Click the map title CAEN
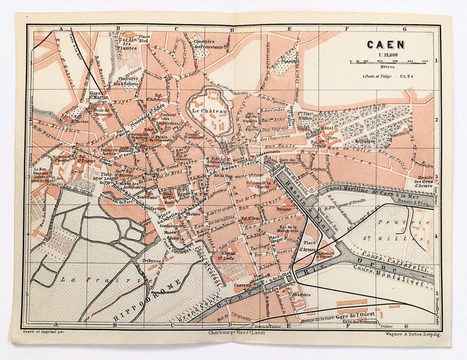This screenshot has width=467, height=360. [x=386, y=45]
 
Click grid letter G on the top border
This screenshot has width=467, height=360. [x=405, y=29]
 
